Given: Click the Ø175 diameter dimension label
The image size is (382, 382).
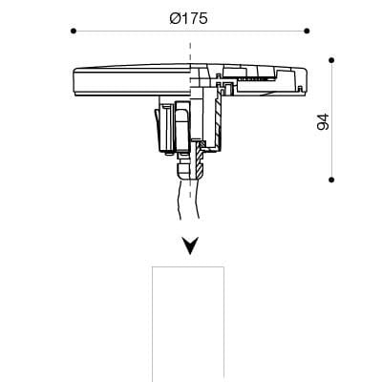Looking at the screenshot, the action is click(188, 18).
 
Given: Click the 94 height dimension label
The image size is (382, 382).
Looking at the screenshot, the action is click(323, 122).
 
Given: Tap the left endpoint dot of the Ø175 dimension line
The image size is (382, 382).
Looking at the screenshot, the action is click(74, 31).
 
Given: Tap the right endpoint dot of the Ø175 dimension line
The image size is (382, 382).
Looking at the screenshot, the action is click(307, 31).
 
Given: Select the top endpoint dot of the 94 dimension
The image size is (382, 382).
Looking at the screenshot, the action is click(331, 60).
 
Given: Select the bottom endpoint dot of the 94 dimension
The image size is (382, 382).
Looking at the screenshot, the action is click(331, 180).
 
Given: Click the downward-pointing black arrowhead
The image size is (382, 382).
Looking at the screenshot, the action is click(190, 245).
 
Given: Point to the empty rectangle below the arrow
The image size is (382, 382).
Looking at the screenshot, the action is click(188, 324).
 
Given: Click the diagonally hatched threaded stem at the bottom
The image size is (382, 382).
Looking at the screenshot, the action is click(200, 160).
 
